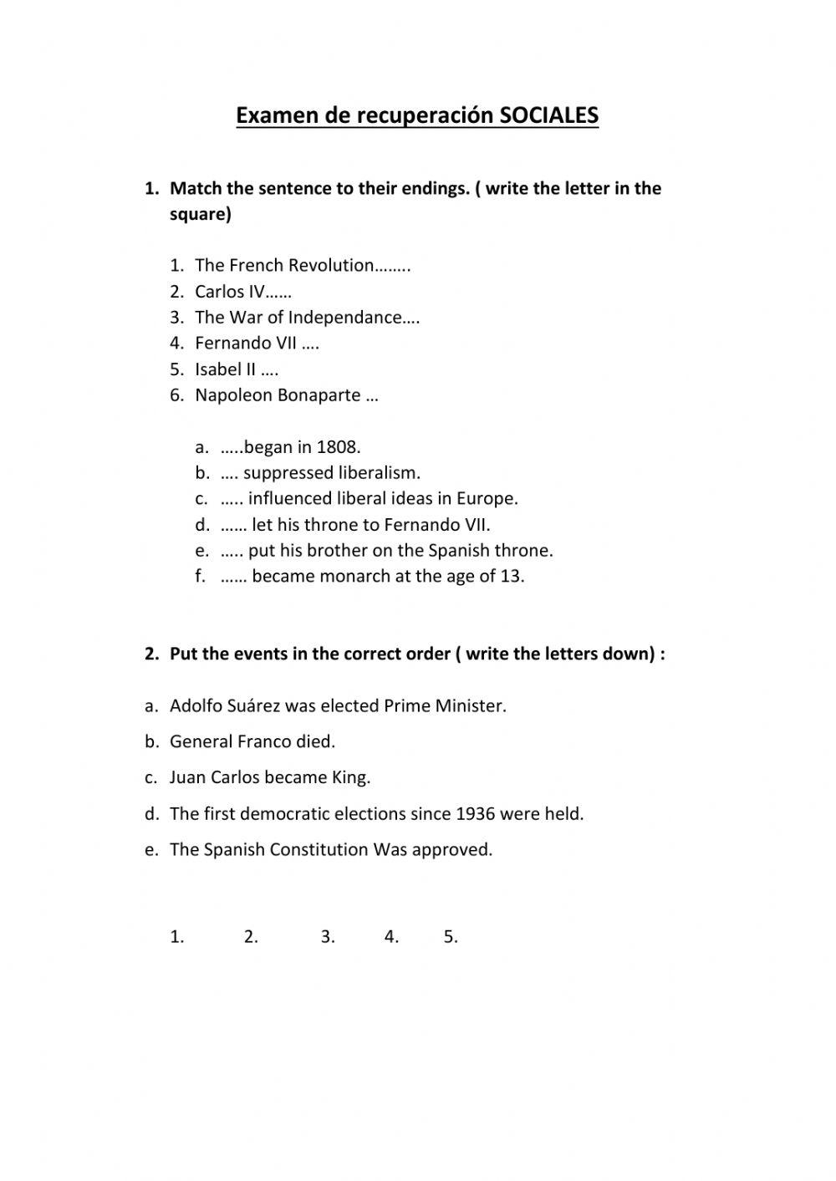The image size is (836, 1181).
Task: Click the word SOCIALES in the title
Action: pyautogui.click(x=548, y=115)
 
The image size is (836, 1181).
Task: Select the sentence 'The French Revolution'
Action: pyautogui.click(x=284, y=266)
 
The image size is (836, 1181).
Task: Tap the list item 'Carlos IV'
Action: pyautogui.click(x=230, y=292)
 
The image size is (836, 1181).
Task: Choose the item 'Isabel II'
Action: pyautogui.click(x=225, y=369)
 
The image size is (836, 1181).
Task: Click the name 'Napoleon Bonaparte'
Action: pyautogui.click(x=278, y=395)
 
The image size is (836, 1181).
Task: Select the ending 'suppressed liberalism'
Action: pyautogui.click(x=331, y=473)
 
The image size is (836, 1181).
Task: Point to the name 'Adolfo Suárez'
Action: pyautogui.click(x=225, y=706)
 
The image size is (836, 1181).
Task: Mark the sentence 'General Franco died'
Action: pyautogui.click(x=252, y=742)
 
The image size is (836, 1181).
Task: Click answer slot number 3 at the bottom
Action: pyautogui.click(x=328, y=938)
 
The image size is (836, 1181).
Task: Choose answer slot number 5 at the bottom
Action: pyautogui.click(x=451, y=938)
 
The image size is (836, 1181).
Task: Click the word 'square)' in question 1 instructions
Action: pyautogui.click(x=201, y=215)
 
